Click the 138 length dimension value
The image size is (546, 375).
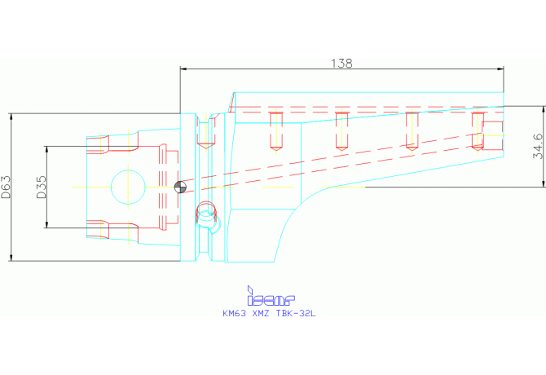(341, 64)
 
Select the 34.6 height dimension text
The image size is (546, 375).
(538, 146)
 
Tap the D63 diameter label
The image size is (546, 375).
(6, 187)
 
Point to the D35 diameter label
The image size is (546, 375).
(42, 187)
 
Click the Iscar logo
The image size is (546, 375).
(271, 296)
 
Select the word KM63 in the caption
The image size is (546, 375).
(234, 313)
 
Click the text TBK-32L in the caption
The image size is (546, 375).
(296, 313)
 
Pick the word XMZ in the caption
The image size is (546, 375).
(261, 313)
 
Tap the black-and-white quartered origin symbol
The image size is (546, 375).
(180, 187)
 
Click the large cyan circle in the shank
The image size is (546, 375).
(128, 170)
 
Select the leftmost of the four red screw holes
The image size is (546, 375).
(275, 131)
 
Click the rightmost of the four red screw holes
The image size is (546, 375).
(478, 131)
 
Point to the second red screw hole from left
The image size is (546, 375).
(341, 131)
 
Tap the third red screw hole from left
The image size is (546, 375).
(412, 131)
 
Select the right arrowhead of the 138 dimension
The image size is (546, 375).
(500, 68)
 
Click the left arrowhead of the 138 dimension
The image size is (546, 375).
(183, 68)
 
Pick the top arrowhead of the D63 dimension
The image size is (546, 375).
(11, 117)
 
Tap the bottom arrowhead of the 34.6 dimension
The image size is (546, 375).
(543, 184)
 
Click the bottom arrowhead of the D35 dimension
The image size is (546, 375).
(46, 225)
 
